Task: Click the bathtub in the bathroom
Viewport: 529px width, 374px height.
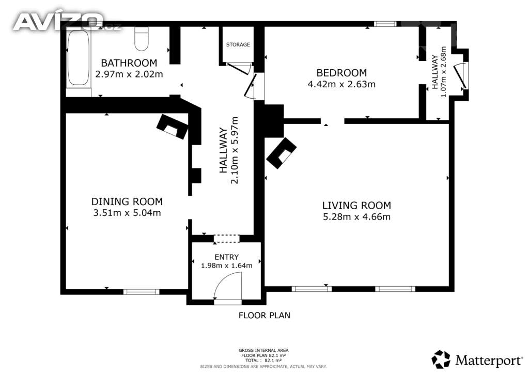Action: click(79, 58)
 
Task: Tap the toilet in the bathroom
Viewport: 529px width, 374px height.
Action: click(142, 39)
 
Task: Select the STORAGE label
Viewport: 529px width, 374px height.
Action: click(238, 44)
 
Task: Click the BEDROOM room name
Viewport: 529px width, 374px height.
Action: click(341, 73)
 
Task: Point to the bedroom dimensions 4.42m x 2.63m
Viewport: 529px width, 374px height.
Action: click(341, 84)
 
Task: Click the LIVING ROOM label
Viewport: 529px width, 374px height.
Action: click(356, 206)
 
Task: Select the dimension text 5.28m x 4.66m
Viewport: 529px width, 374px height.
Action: click(356, 216)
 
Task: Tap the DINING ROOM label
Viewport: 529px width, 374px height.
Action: click(127, 201)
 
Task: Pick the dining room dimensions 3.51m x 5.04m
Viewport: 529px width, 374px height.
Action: click(127, 213)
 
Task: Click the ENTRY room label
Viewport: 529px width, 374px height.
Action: click(226, 257)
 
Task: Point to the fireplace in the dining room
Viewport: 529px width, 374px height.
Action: click(172, 127)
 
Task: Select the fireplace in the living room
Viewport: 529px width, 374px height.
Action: click(282, 153)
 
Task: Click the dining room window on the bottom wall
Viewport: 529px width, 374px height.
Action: click(141, 292)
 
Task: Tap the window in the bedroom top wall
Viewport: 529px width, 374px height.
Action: click(385, 24)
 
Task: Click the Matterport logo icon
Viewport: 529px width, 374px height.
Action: click(441, 360)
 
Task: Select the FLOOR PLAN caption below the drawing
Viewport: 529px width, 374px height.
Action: click(264, 315)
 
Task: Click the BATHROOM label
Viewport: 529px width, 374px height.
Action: click(129, 63)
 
